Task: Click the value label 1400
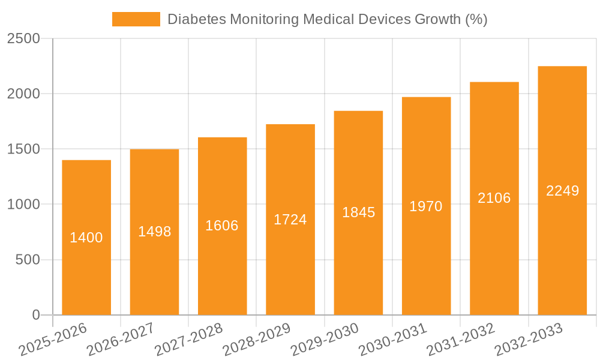point(86,238)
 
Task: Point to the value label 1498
point(155,232)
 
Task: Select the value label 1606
point(222,226)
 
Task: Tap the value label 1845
point(358,212)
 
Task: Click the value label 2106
point(494,198)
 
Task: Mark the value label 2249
point(562,191)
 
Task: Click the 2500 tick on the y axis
point(23,39)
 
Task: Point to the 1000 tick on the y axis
point(23,205)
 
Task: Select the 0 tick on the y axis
point(35,315)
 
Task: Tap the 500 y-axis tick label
point(28,260)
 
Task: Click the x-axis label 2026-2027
point(121,339)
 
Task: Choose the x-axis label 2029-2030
point(325,339)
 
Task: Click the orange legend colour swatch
point(136,19)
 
